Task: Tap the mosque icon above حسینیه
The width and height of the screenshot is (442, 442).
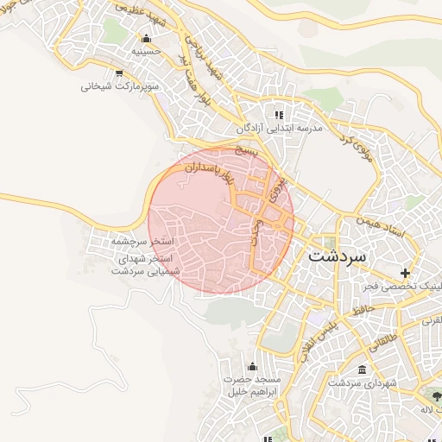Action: click(x=145, y=38)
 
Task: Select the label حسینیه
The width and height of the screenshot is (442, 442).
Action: click(x=145, y=52)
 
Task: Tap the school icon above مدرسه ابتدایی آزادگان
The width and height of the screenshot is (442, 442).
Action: click(x=278, y=114)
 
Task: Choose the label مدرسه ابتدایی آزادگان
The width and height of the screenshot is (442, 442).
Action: click(x=279, y=128)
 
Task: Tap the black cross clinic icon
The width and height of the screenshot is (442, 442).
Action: click(x=406, y=274)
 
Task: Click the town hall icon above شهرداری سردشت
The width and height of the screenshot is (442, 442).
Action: click(x=361, y=369)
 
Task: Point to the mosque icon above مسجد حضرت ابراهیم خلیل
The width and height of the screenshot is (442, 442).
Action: click(x=251, y=366)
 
